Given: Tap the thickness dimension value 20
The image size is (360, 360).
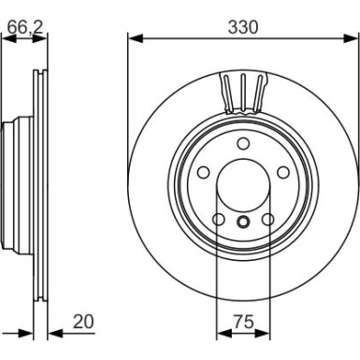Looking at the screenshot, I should (x=85, y=321).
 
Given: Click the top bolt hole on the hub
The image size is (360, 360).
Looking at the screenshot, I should (x=241, y=143).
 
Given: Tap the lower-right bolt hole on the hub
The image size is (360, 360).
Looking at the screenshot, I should (x=267, y=221).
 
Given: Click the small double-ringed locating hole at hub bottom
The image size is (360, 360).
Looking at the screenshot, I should (x=241, y=222).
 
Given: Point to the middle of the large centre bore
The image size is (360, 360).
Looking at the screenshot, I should (x=241, y=186).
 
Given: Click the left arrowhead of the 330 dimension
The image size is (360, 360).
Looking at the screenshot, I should (x=131, y=39).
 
